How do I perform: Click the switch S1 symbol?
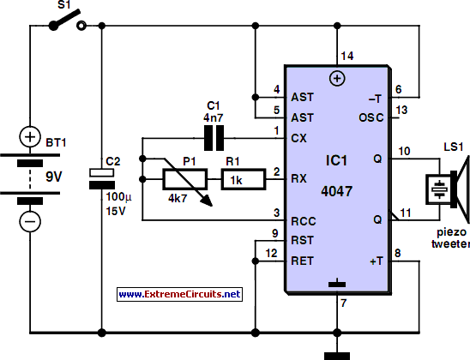(x=68, y=21)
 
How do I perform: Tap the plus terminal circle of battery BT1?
(x=30, y=137)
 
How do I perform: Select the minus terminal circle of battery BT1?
(x=30, y=222)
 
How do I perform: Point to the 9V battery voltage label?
(x=54, y=177)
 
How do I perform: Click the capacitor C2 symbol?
(x=102, y=179)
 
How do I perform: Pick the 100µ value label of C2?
(x=118, y=197)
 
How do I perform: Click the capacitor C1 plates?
(x=214, y=138)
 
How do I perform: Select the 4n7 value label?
(x=214, y=117)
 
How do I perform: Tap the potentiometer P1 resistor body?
(x=185, y=179)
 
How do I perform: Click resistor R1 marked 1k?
(x=244, y=179)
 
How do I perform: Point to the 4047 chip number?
(x=336, y=191)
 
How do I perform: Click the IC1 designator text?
(x=336, y=160)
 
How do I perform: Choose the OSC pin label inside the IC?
(x=371, y=117)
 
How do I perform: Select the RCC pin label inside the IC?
(x=304, y=221)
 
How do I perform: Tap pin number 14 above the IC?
(x=347, y=56)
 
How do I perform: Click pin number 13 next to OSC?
(x=401, y=110)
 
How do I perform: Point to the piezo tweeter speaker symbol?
(x=448, y=190)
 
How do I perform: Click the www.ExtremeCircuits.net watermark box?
(x=179, y=294)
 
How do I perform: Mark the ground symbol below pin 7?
(x=337, y=356)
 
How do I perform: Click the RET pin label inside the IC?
(x=302, y=261)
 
